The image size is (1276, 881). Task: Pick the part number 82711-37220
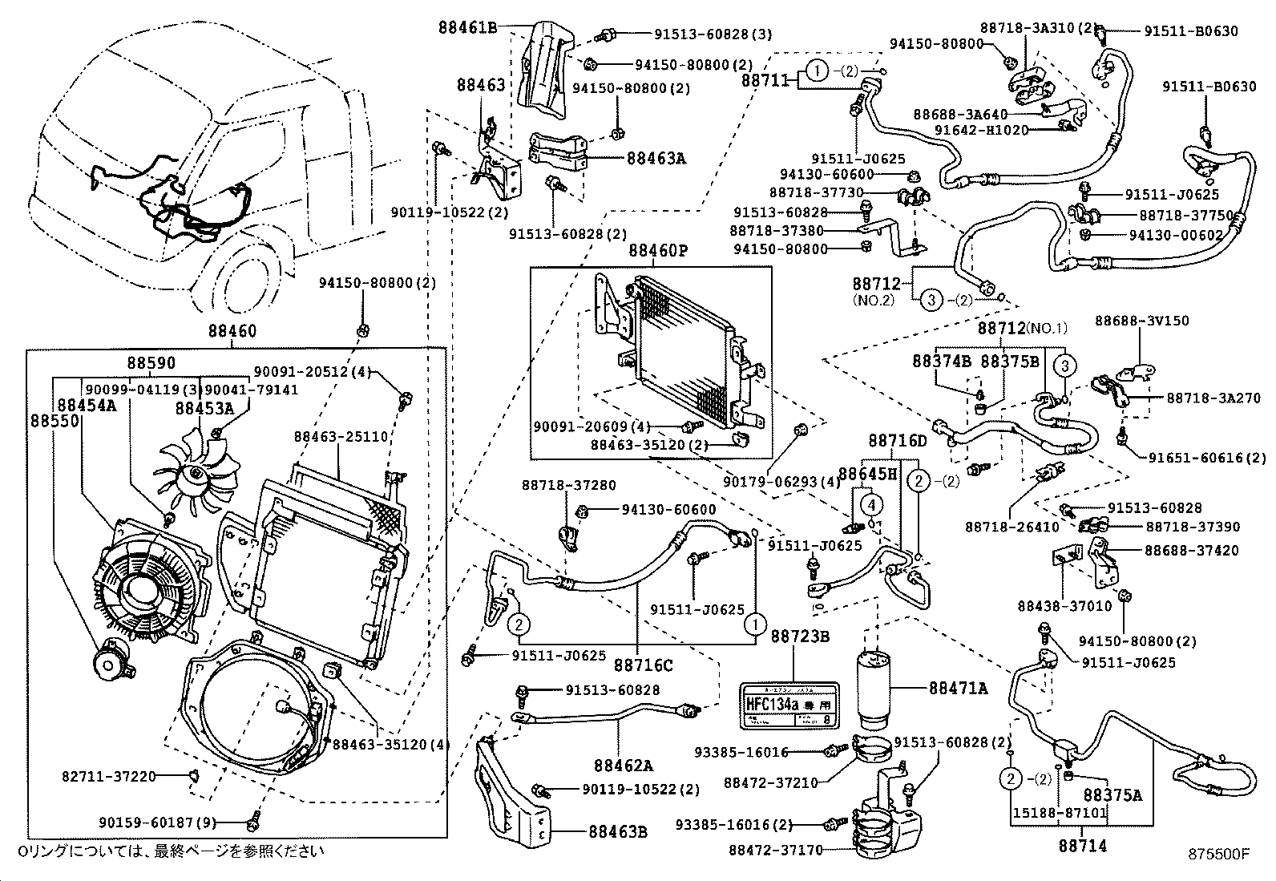(108, 775)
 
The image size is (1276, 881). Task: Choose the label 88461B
(467, 26)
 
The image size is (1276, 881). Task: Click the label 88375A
(1112, 794)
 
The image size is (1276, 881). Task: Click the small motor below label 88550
(108, 661)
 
